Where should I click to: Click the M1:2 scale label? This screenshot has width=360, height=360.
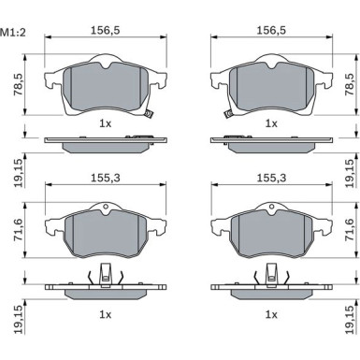pyautogui.click(x=13, y=33)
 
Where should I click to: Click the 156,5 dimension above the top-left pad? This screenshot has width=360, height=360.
pyautogui.click(x=106, y=30)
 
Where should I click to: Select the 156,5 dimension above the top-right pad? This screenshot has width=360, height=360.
pyautogui.click(x=271, y=30)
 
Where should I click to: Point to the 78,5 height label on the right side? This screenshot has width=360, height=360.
pyautogui.click(x=350, y=85)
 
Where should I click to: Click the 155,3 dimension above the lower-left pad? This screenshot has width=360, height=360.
pyautogui.click(x=106, y=178)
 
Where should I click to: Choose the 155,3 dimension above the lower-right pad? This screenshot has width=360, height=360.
pyautogui.click(x=271, y=178)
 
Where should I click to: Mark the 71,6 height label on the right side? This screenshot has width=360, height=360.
pyautogui.click(x=350, y=229)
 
